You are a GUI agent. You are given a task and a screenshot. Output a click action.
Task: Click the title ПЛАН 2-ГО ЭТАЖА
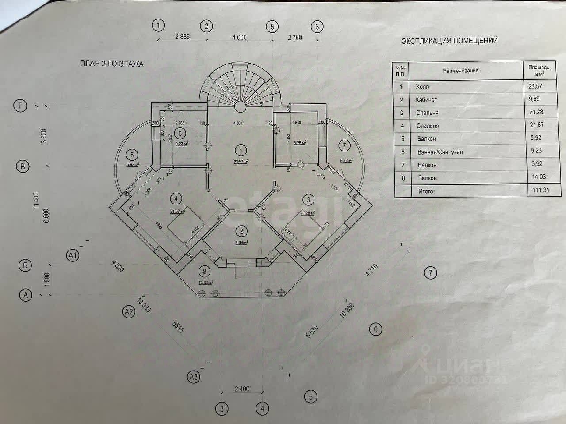[x=111, y=64]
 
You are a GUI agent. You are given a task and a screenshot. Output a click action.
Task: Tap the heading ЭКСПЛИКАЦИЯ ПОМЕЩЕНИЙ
[x=449, y=41]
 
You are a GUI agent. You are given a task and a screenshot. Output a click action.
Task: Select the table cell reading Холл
[x=422, y=87]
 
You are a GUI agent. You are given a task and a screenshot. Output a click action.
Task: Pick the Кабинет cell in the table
[x=426, y=100]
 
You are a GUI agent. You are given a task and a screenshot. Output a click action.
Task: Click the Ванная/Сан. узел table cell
[x=439, y=152]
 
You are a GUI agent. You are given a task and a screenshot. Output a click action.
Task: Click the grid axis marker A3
[x=193, y=377]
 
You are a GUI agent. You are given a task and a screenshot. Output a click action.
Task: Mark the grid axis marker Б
[x=25, y=265]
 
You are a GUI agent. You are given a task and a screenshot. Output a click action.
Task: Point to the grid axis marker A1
[x=73, y=255]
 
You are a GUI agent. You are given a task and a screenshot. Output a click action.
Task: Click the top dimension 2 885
[x=182, y=37]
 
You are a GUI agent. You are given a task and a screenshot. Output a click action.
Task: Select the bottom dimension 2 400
[x=242, y=389]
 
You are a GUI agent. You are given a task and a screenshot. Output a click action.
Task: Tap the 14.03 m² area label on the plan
[x=206, y=283]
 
